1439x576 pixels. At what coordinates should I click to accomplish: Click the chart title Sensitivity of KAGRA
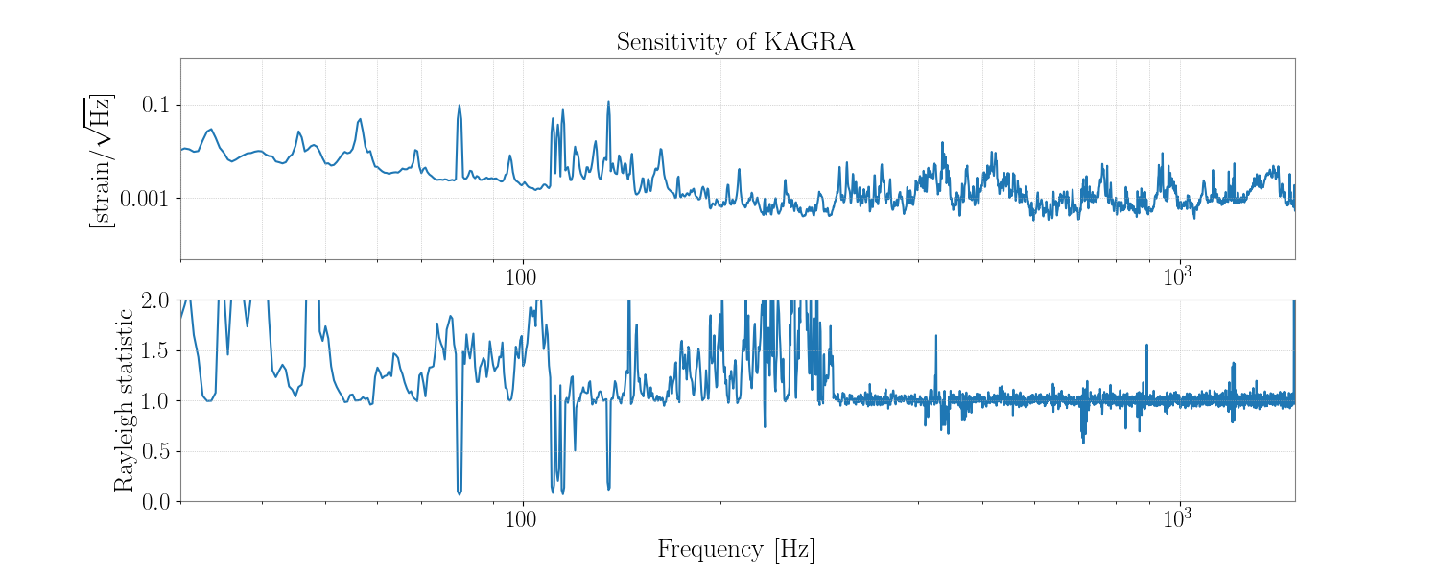(735, 42)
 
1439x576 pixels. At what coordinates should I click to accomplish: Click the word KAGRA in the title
(809, 42)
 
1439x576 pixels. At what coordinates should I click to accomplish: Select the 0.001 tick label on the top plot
(149, 198)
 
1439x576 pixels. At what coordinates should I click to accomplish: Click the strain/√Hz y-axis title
(100, 160)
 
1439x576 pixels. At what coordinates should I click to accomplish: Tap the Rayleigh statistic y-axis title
(124, 400)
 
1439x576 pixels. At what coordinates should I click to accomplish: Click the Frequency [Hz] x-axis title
(736, 549)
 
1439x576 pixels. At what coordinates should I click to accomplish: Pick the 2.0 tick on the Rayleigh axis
(158, 300)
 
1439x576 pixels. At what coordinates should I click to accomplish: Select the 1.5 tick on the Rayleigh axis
(158, 350)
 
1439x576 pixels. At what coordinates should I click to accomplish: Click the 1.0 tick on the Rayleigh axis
(158, 400)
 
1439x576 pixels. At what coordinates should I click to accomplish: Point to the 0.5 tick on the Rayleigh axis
(158, 451)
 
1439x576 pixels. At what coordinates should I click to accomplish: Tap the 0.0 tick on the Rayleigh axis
(158, 501)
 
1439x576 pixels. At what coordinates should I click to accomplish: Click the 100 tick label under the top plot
(522, 276)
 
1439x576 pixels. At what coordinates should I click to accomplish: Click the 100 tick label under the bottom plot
(522, 518)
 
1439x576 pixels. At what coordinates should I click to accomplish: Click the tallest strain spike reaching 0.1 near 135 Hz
(608, 102)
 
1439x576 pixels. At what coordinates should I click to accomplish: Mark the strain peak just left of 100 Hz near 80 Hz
(460, 106)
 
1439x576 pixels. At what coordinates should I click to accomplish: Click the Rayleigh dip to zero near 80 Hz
(460, 492)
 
